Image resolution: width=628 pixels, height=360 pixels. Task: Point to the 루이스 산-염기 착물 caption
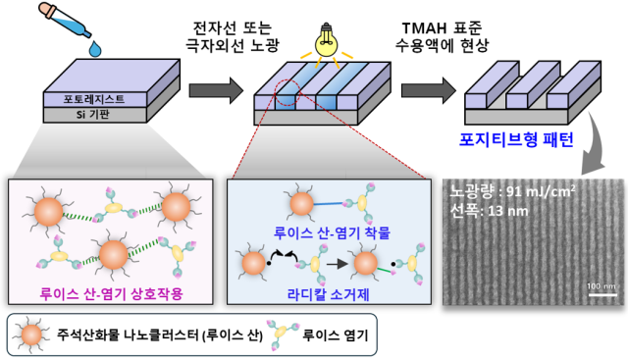point(324,233)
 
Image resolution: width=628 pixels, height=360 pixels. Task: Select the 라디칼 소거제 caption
point(324,291)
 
